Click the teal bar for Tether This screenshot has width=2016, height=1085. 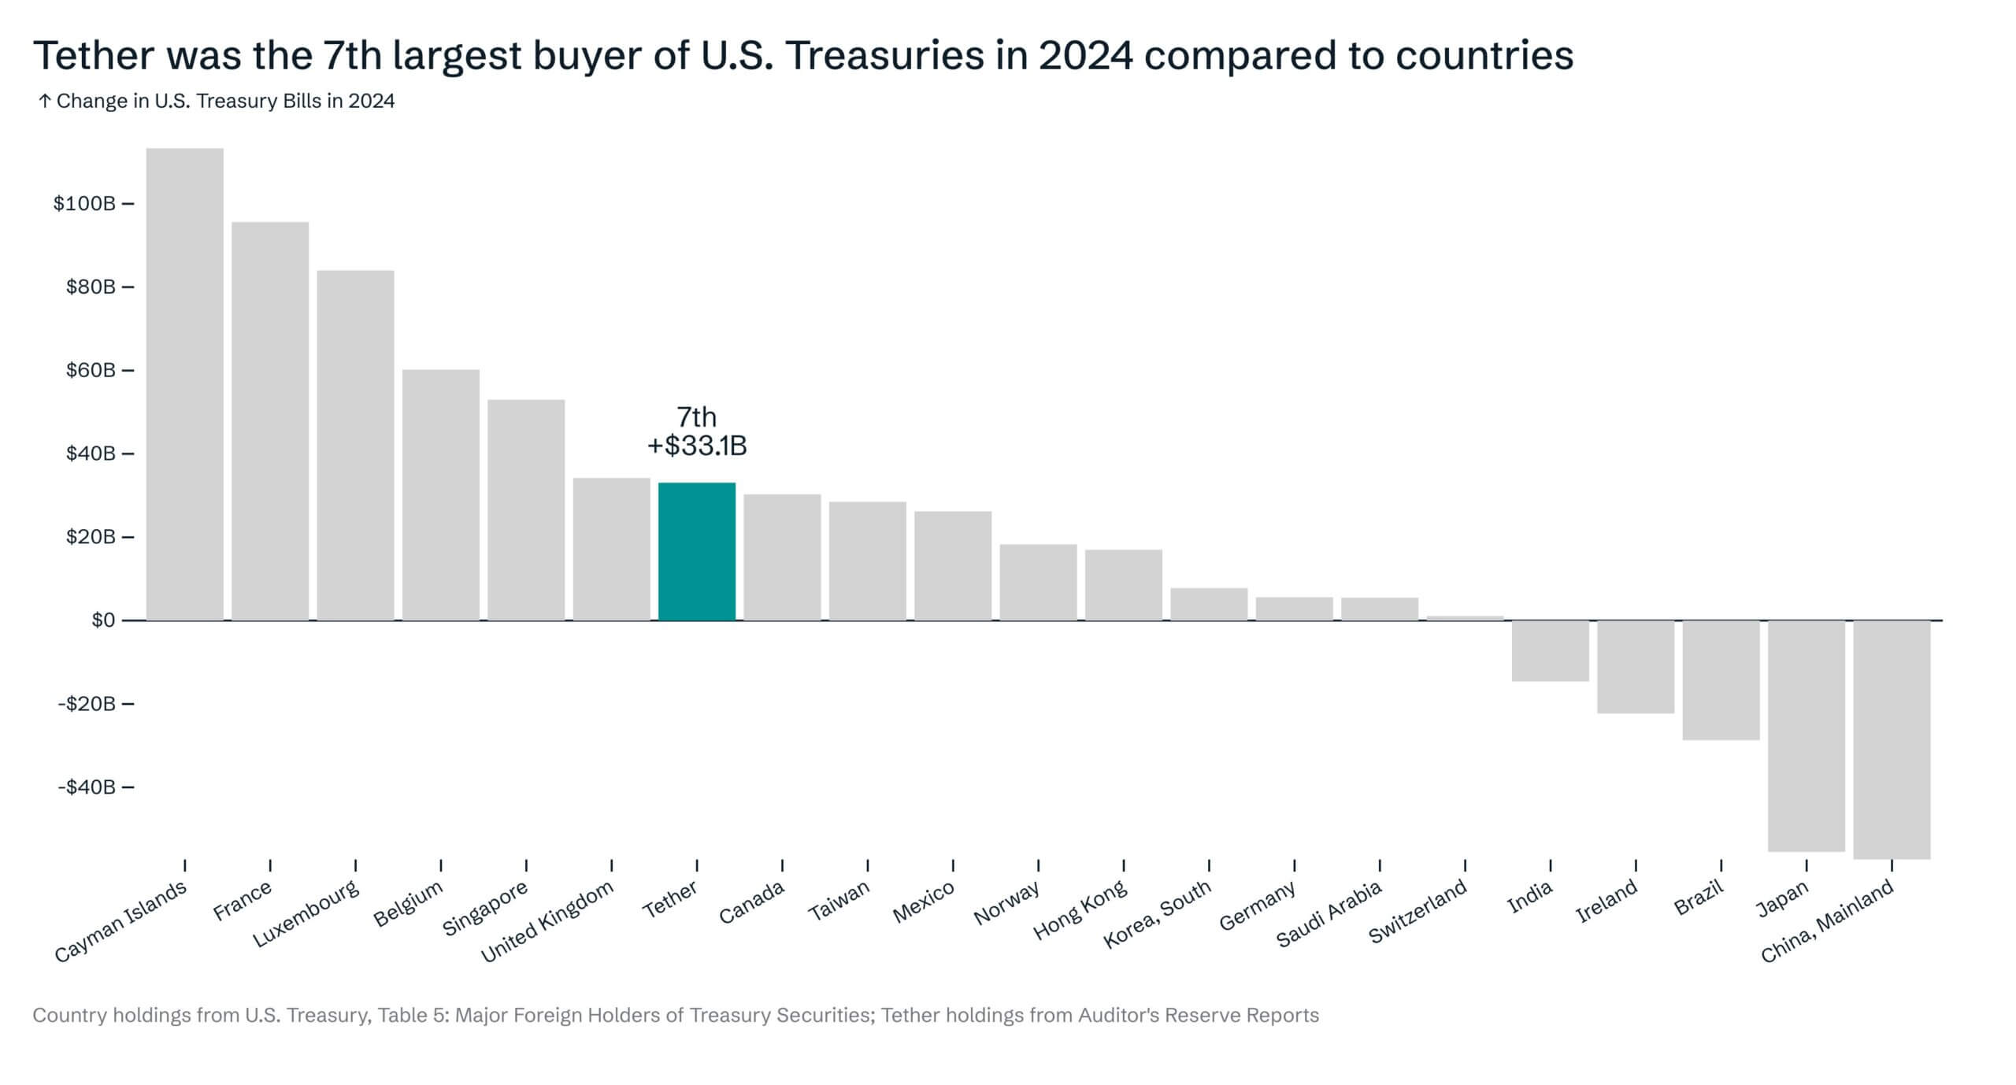(697, 551)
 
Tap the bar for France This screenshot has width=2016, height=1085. (270, 421)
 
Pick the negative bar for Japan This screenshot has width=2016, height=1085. (1807, 735)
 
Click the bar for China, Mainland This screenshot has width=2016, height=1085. (1892, 739)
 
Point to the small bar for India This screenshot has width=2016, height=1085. (1550, 650)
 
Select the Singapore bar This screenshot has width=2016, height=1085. (526, 510)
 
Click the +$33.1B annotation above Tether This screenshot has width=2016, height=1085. (697, 446)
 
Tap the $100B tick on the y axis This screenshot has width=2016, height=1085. (84, 204)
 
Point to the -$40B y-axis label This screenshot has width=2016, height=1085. (87, 787)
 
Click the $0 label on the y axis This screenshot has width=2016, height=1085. (103, 620)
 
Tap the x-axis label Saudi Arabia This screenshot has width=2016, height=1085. (1329, 913)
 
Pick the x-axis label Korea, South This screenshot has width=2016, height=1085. (1156, 914)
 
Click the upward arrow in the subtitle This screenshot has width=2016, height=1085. (45, 102)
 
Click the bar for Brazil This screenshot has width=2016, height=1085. (1721, 680)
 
